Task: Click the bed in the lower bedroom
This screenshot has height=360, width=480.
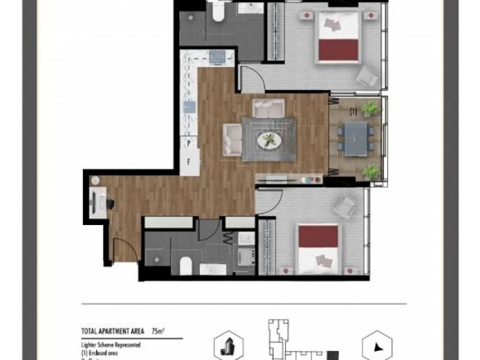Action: pos(319,248)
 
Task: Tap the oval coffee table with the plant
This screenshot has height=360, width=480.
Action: pos(269,140)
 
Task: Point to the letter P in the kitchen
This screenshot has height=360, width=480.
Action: pos(188,143)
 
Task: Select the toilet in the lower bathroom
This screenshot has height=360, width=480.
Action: pos(185,264)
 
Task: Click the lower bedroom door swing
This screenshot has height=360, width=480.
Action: pos(268,201)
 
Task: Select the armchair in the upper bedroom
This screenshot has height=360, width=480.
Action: pos(367,75)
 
